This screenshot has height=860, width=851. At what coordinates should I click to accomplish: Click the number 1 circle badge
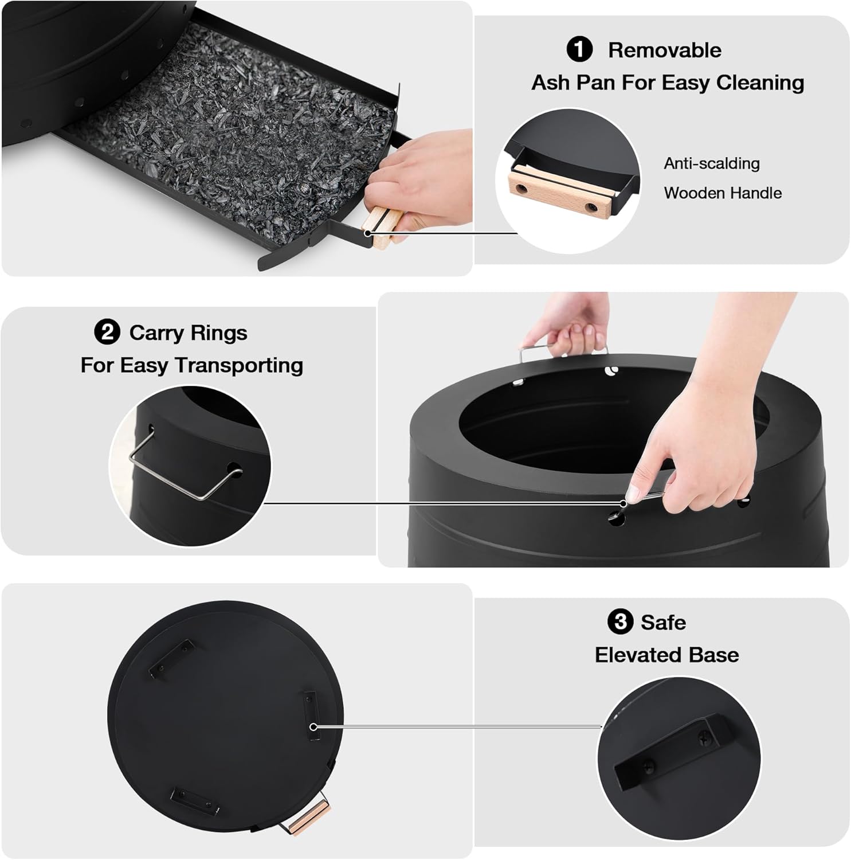point(579,49)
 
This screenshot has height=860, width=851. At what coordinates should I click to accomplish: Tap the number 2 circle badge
point(107,332)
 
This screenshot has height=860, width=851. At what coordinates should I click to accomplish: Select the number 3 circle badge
point(620,621)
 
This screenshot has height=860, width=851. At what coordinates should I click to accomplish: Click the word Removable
point(664,50)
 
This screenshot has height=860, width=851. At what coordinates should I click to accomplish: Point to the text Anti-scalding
point(712,163)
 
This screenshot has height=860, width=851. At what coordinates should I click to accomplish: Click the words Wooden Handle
point(723,193)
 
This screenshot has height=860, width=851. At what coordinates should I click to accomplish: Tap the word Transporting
point(238,365)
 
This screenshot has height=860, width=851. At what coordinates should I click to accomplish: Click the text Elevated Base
point(666,655)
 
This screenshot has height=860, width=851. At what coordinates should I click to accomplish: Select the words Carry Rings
point(188,333)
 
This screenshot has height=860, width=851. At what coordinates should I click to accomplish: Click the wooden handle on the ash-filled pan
point(383,227)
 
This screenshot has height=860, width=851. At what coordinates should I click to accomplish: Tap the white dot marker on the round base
point(313,727)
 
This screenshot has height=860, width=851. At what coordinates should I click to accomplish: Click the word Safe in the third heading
point(663,622)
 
